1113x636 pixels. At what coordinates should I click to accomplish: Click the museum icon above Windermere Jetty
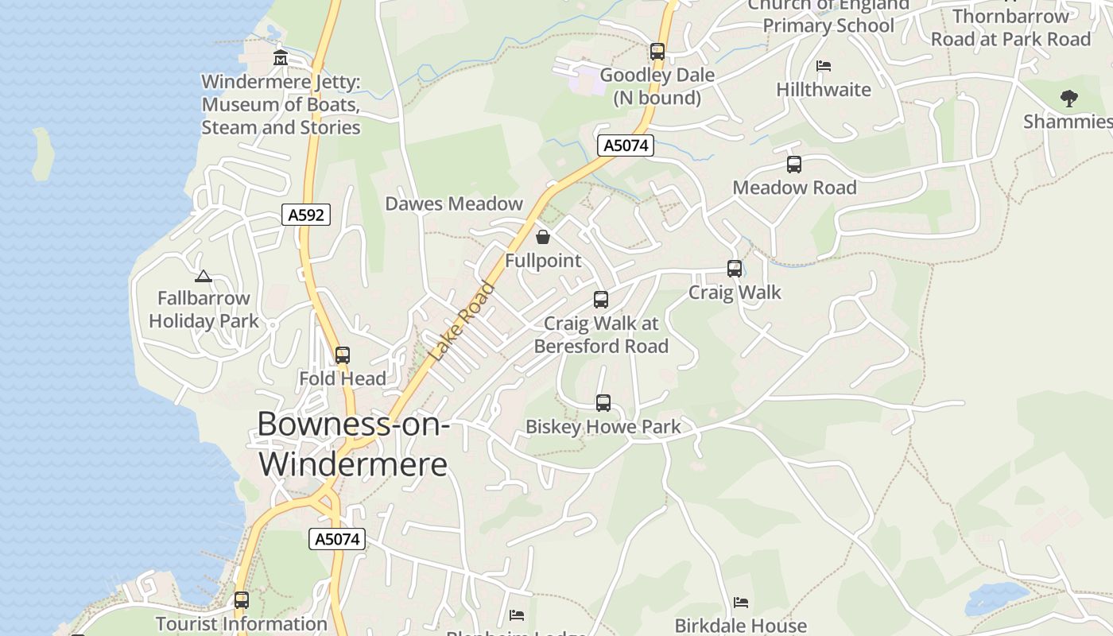[x=280, y=58]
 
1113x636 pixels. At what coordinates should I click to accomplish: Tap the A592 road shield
[x=306, y=215]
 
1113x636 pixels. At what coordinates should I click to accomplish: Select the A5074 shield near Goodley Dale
[x=626, y=145]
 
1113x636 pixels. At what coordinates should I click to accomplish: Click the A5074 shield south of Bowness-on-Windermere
[x=337, y=539]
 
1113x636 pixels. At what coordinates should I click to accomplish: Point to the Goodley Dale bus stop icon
[x=657, y=52]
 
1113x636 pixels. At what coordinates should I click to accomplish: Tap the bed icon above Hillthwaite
[x=824, y=65]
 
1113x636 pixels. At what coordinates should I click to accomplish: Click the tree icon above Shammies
[x=1069, y=99]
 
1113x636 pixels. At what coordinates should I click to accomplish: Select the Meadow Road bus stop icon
[x=793, y=165]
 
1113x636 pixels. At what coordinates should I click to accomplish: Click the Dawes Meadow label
[x=454, y=204]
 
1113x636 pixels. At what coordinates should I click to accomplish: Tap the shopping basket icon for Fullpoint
[x=543, y=237]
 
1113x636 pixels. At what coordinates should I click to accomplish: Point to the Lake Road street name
[x=462, y=322]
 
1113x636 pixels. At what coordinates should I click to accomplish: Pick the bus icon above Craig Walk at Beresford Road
[x=601, y=300]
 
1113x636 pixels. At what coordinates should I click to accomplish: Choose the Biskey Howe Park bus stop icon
[x=603, y=403]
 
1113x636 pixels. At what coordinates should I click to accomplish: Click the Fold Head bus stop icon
[x=343, y=355]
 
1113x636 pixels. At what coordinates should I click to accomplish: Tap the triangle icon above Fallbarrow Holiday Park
[x=204, y=276]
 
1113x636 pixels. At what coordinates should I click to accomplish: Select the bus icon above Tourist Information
[x=242, y=600]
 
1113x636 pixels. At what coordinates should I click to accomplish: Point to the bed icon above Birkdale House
[x=741, y=602]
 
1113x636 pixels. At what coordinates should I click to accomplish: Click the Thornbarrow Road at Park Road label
[x=1010, y=28]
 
